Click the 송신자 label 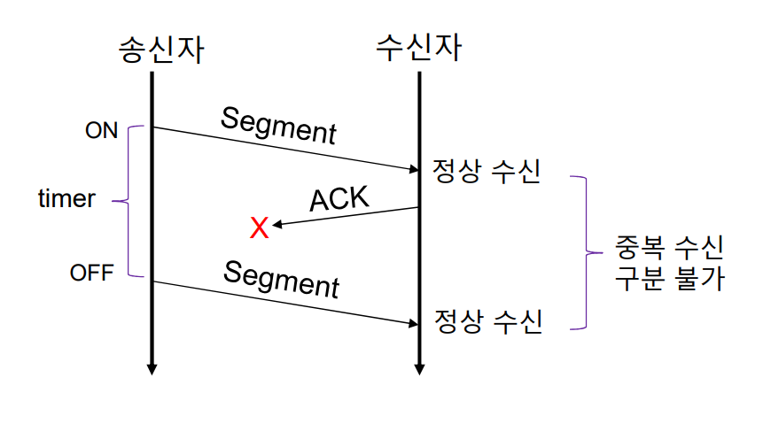(161, 49)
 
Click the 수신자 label (418, 47)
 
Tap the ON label (101, 130)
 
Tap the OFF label (92, 273)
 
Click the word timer (66, 199)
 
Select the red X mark (259, 228)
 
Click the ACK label (339, 199)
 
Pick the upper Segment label (278, 125)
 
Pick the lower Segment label (281, 279)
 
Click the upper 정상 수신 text (487, 171)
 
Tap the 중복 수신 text (669, 243)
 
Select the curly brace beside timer (128, 201)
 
